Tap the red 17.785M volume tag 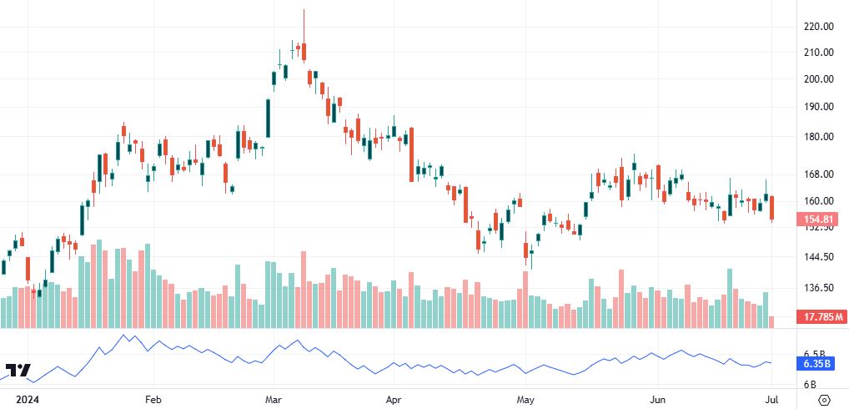point(821,317)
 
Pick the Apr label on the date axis point(394,399)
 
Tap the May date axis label point(525,399)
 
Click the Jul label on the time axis point(773,399)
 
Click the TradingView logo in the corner point(18,371)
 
